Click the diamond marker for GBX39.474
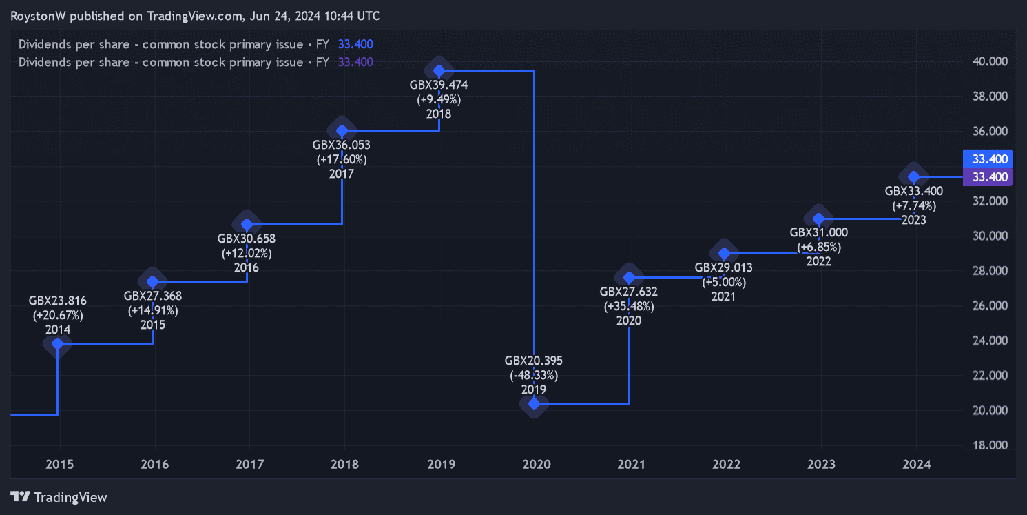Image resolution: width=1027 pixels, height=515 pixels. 439,70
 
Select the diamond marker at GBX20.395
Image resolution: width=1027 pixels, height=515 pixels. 534,403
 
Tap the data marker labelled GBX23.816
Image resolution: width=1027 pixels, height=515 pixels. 58,343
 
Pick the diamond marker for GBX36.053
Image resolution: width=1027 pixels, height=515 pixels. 342,130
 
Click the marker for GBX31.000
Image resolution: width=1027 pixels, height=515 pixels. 819,219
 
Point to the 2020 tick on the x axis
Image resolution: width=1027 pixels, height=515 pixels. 537,464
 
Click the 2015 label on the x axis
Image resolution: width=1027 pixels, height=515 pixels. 60,464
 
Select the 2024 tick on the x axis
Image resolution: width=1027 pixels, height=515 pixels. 916,464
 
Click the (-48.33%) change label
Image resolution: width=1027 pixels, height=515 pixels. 534,375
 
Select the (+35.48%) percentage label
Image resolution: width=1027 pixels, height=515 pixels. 629,306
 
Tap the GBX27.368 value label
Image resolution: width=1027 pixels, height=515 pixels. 153,296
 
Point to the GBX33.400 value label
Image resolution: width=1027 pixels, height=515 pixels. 914,191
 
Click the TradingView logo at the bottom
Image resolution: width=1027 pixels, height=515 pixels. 60,496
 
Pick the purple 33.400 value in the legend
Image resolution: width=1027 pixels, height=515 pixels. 355,62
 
